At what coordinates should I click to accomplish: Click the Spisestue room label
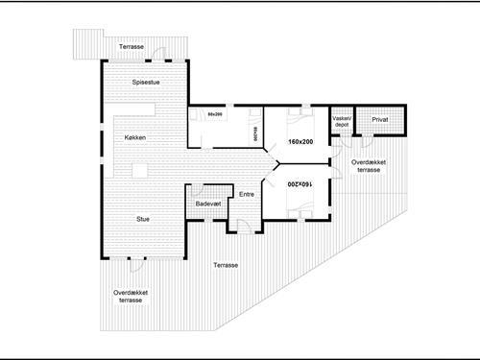pos(147,84)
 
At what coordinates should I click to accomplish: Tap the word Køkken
pos(136,138)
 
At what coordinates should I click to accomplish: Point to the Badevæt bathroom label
pos(207,204)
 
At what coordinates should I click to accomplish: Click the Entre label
pos(247,195)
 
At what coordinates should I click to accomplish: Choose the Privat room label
pos(379,121)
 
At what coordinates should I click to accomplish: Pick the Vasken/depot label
pos(343,122)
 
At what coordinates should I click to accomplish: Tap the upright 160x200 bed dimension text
pos(300,142)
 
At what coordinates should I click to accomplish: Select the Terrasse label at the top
pos(132,47)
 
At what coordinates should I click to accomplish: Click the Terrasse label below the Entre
pos(227,265)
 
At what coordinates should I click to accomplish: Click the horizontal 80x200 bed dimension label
pos(215,115)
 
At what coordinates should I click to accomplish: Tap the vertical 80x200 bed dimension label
pos(254,134)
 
